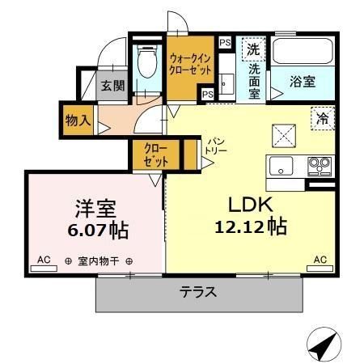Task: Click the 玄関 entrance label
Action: click(112, 85)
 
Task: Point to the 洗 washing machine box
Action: click(254, 49)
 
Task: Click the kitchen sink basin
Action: click(282, 167)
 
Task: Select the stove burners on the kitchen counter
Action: click(319, 167)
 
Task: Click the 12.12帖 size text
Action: click(251, 227)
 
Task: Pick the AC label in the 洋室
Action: click(44, 260)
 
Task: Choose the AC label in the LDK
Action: click(320, 260)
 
